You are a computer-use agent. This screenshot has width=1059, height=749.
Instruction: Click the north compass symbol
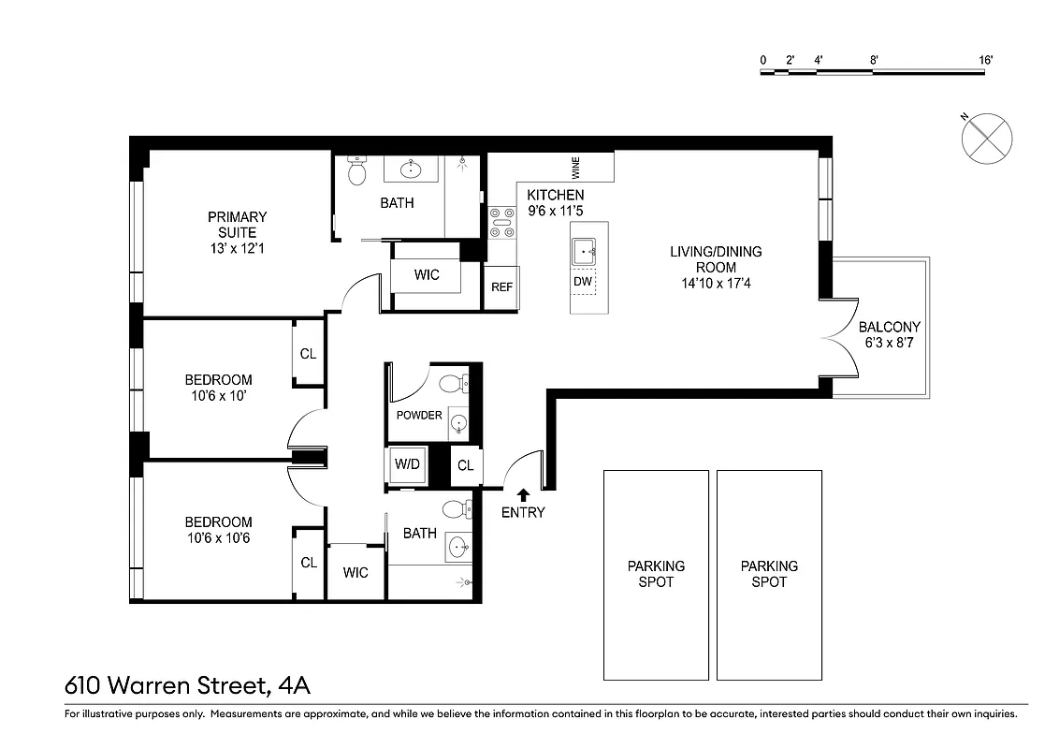tap(986, 140)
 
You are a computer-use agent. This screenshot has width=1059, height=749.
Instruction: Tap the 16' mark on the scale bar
tap(985, 60)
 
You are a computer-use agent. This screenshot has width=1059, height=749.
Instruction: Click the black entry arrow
tap(522, 493)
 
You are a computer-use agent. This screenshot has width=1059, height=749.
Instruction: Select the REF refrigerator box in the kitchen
tap(501, 287)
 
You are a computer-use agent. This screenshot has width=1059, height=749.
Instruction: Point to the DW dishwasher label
tap(583, 282)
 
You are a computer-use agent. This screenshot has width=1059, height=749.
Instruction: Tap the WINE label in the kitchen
tap(576, 169)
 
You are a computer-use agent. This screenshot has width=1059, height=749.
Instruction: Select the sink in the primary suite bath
tap(411, 169)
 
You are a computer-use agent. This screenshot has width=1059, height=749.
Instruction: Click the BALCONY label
tap(889, 327)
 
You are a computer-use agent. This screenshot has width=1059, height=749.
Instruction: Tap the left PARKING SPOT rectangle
tap(655, 574)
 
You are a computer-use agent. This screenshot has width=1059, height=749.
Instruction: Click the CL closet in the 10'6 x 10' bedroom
tap(308, 354)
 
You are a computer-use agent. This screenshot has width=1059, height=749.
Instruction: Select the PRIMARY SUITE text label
tap(237, 225)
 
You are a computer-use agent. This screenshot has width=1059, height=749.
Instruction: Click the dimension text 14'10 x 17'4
tap(716, 282)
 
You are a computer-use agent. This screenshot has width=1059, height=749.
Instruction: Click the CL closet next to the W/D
tap(465, 465)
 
